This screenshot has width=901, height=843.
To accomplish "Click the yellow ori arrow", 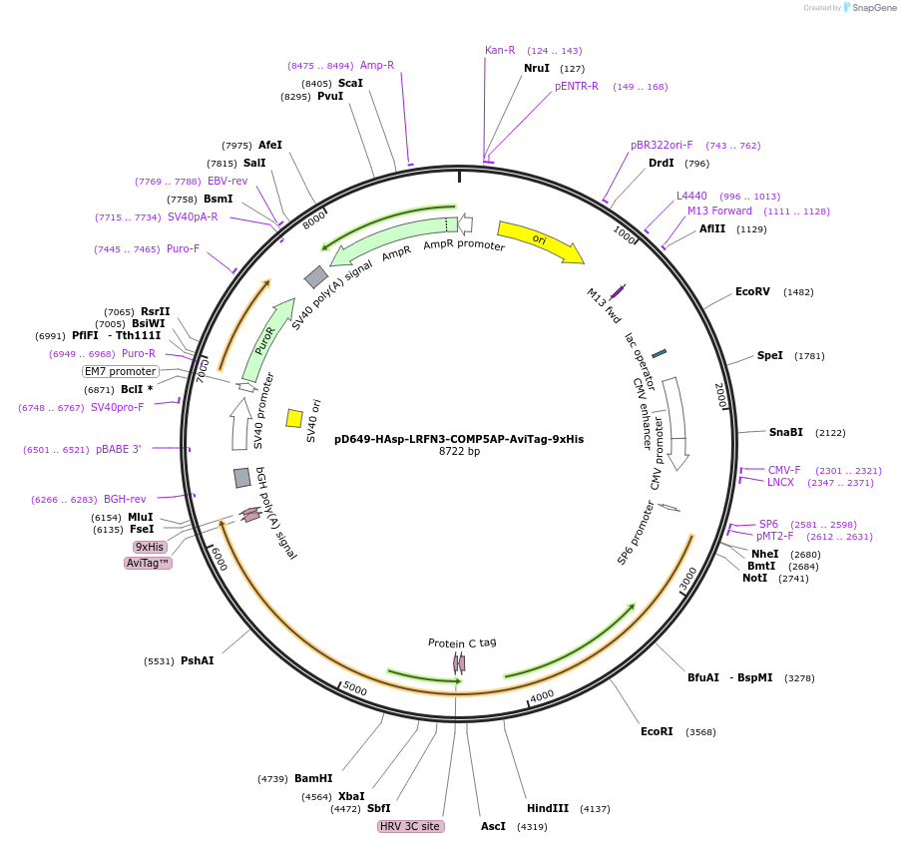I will tap(540, 241).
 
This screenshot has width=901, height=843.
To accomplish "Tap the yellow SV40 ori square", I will tap(294, 418).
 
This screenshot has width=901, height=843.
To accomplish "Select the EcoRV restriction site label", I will tap(752, 292).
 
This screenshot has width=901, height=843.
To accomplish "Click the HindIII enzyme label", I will tap(548, 808).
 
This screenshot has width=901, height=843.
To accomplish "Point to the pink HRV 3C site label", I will tap(410, 826).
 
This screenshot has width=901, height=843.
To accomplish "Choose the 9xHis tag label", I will tap(150, 547).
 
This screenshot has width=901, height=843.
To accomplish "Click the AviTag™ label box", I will tap(148, 563).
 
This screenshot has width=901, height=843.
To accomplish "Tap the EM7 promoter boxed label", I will tap(120, 371).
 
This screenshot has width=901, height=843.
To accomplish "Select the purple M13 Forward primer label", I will tap(719, 211).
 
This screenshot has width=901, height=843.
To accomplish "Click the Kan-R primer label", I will tap(500, 50).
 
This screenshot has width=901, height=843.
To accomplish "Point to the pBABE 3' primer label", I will tap(119, 449).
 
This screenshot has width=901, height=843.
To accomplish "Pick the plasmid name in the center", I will tap(459, 438).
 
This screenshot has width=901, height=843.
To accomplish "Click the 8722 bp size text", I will tap(459, 451).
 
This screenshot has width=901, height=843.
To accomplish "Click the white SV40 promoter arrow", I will tap(239, 424).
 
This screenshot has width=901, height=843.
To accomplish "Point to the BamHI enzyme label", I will tap(313, 778).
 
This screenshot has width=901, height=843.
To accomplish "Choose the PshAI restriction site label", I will tap(198, 660).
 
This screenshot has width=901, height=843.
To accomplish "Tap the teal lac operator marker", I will tap(659, 353).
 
